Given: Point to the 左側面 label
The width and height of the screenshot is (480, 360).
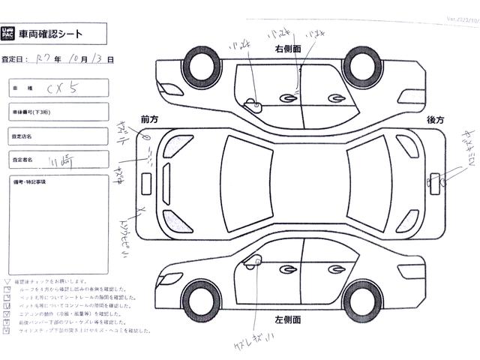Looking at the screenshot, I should click(x=287, y=320).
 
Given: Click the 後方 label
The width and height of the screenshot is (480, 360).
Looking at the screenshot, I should click(x=436, y=120).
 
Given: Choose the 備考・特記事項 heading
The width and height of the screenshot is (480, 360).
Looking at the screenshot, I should click(x=30, y=182).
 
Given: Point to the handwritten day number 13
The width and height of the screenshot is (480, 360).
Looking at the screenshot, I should click(x=99, y=58).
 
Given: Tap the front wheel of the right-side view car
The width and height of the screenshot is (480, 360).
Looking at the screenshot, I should click(x=360, y=64).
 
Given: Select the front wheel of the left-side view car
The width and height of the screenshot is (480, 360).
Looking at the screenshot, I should click(x=200, y=298).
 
